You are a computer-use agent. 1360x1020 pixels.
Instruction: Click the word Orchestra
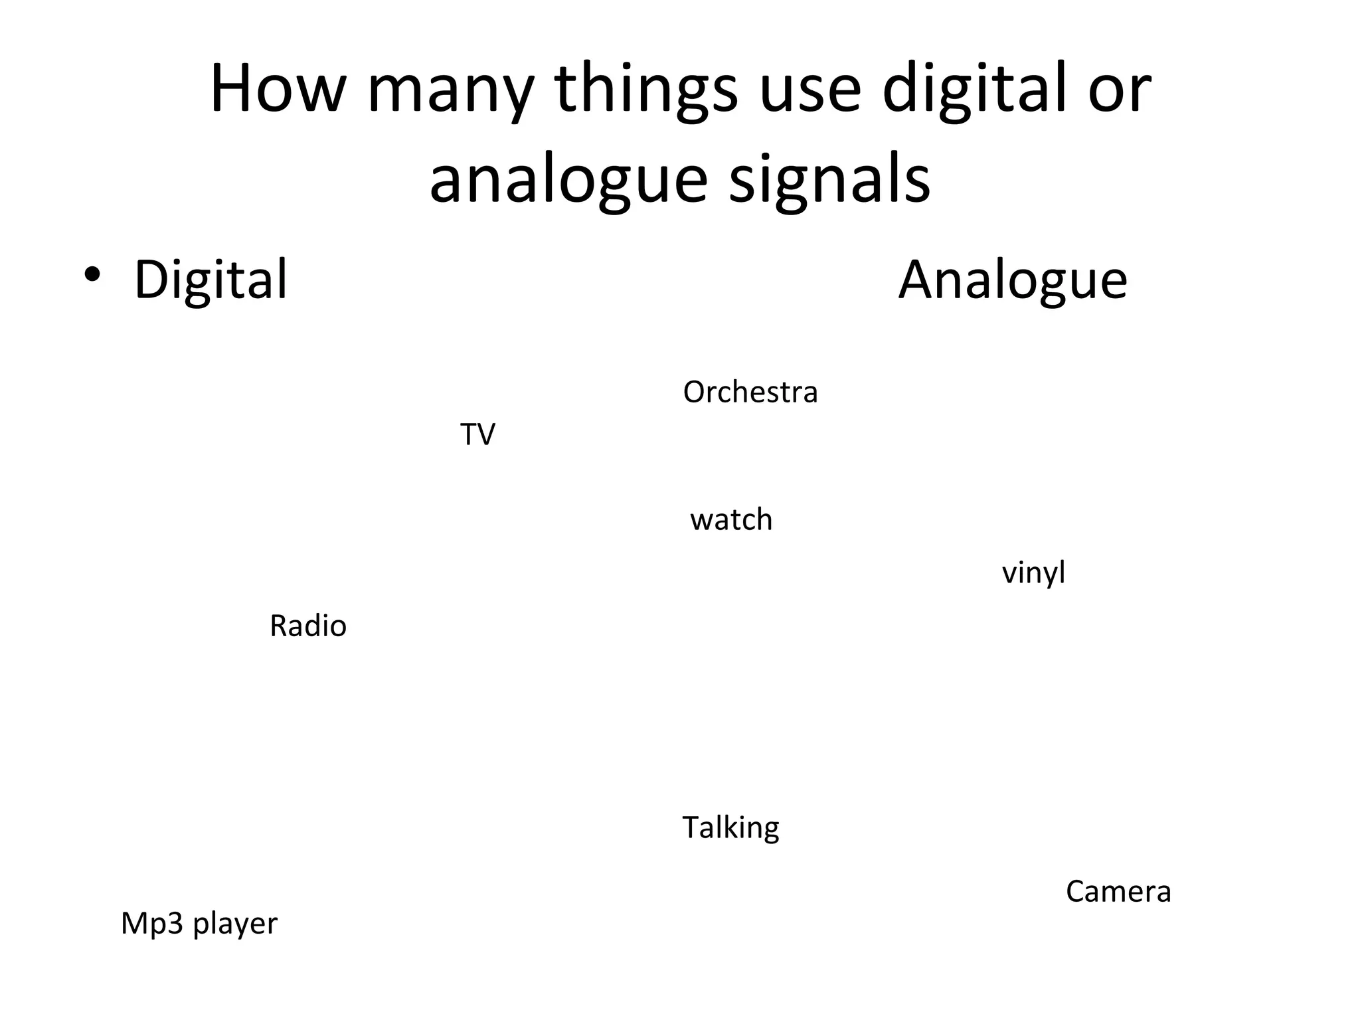(750, 392)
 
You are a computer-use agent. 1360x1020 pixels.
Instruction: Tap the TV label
(477, 435)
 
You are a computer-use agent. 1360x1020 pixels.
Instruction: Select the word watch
(731, 520)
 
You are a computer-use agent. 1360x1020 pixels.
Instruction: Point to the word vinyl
(1033, 573)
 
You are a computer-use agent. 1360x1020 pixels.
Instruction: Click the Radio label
(308, 626)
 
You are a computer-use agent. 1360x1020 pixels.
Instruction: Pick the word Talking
(730, 828)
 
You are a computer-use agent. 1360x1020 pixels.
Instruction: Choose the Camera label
(1118, 892)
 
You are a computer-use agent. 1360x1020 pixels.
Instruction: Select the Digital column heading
(211, 280)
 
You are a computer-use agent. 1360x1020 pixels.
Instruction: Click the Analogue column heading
(1013, 280)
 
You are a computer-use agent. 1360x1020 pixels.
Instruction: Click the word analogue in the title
(568, 181)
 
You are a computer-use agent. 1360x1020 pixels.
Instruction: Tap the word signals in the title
(829, 181)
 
